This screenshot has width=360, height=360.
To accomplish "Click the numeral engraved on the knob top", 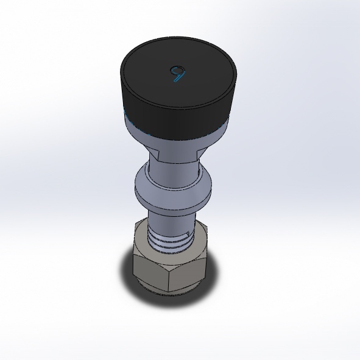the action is pyautogui.click(x=177, y=74).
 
